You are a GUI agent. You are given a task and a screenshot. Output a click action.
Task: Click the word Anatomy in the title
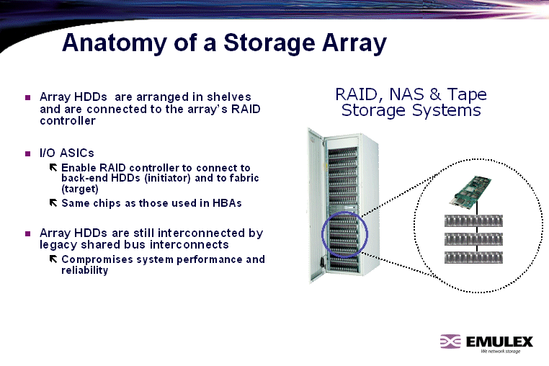pyautogui.click(x=115, y=43)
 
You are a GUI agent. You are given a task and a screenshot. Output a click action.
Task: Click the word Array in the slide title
pyautogui.click(x=354, y=43)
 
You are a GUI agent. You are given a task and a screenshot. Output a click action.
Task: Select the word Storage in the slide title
pyautogui.click(x=269, y=43)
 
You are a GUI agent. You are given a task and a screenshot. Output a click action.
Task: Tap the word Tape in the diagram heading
pyautogui.click(x=467, y=94)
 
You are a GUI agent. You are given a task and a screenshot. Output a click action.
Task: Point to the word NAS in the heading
pyautogui.click(x=406, y=94)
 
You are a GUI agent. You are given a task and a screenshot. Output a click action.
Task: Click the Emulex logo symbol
pyautogui.click(x=450, y=342)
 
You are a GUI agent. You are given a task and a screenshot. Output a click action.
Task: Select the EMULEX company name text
pyautogui.click(x=499, y=342)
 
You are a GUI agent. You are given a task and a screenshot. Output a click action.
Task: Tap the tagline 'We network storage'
pyautogui.click(x=500, y=351)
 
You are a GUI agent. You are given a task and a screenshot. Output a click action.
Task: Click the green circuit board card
pyautogui.click(x=471, y=190)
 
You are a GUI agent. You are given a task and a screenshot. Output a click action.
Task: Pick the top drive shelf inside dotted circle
pyautogui.click(x=473, y=221)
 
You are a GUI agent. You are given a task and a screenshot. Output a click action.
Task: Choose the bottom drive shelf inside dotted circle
pyautogui.click(x=473, y=257)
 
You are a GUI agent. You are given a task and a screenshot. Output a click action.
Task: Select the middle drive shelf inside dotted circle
pyautogui.click(x=473, y=239)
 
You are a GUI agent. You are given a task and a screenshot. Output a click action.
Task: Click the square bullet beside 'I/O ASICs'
pyautogui.click(x=27, y=153)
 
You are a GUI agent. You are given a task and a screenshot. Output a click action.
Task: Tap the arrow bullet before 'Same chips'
pyautogui.click(x=53, y=202)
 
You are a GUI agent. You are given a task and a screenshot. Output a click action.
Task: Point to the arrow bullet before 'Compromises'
pyautogui.click(x=53, y=259)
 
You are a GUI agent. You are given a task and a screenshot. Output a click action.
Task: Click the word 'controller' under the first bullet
pyautogui.click(x=68, y=121)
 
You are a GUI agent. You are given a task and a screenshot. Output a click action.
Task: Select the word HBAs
pyautogui.click(x=227, y=203)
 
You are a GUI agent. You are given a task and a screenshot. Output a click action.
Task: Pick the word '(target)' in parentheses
pyautogui.click(x=80, y=189)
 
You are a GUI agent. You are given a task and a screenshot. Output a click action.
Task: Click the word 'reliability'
pyautogui.click(x=84, y=270)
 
